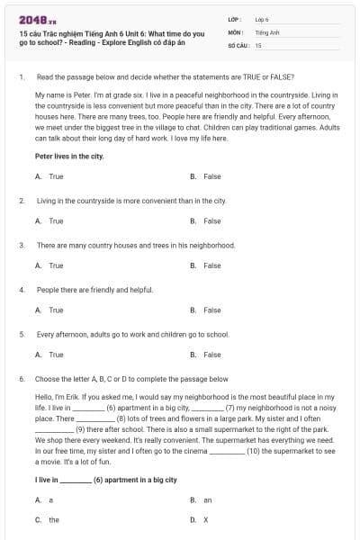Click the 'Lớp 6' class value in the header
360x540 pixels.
(x=262, y=18)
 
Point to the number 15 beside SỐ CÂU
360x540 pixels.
(x=258, y=44)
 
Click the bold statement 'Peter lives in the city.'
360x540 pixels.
(x=69, y=156)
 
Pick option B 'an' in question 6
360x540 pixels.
(x=208, y=499)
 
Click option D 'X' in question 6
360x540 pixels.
(x=206, y=519)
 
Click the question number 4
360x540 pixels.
(x=21, y=290)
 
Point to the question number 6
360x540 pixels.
(x=21, y=379)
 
